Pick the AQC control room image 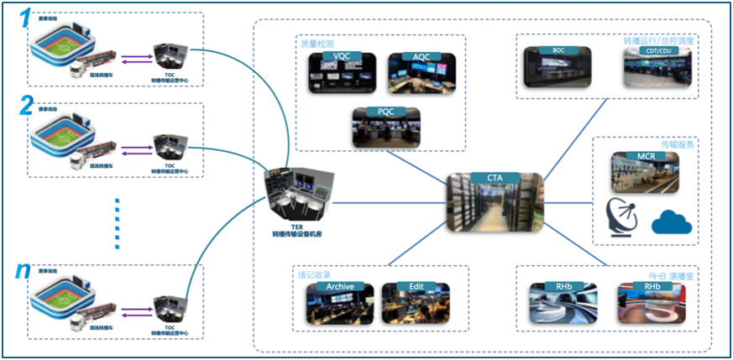(x=421, y=73)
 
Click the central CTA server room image (x=494, y=201)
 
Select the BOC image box (x=558, y=67)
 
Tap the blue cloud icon (x=672, y=222)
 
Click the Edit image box (x=416, y=301)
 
